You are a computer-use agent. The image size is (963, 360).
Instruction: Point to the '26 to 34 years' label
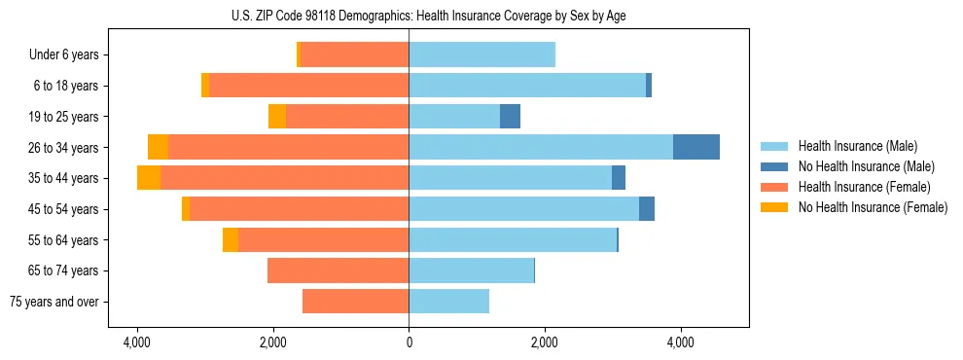coord(64,148)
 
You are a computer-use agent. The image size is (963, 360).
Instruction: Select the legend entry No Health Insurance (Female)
coord(873,207)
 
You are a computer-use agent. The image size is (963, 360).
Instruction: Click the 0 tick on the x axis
coord(409,342)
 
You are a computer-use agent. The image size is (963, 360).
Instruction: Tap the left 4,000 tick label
coord(137,342)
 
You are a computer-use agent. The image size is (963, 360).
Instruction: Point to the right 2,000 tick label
coord(545,342)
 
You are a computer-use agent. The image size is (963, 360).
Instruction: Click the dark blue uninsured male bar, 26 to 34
coord(696,147)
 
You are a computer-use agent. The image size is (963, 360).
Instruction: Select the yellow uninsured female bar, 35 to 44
coord(149,178)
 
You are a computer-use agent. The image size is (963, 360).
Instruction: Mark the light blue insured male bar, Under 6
coord(481,54)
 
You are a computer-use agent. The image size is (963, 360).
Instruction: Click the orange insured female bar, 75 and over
coord(355,302)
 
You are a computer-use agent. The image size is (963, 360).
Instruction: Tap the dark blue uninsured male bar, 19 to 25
coord(510,117)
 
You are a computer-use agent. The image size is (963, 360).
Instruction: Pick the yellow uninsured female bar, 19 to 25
coord(277,117)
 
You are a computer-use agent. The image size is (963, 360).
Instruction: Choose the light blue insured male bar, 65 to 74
coord(471,270)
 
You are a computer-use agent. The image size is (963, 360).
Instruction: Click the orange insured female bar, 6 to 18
coord(308,86)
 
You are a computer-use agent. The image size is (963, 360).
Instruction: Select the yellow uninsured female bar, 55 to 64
coord(231,239)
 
